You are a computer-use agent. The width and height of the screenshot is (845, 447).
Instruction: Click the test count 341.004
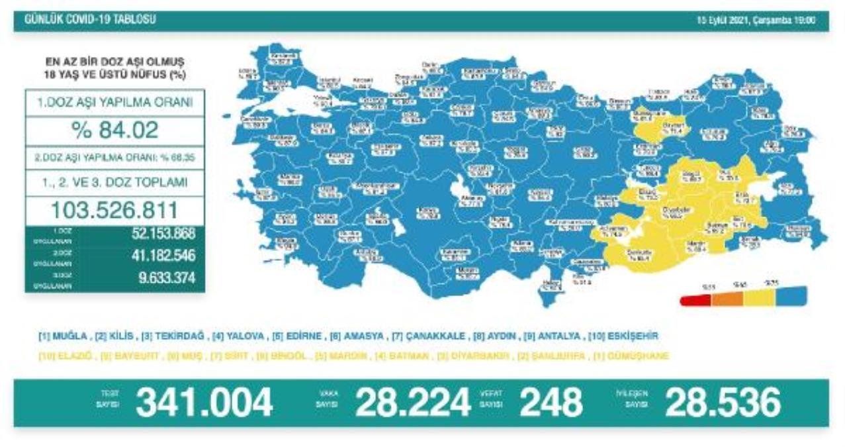click(x=204, y=403)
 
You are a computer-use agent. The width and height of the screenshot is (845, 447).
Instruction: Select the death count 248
click(x=551, y=403)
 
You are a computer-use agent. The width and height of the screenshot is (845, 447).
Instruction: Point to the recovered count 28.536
click(x=723, y=403)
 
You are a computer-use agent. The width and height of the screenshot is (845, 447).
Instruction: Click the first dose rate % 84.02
click(x=115, y=130)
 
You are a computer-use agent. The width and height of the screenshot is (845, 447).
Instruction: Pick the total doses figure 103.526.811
click(x=115, y=210)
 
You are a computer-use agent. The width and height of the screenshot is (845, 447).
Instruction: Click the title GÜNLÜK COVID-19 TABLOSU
click(x=90, y=20)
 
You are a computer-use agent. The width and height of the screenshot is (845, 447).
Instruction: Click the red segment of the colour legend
click(x=695, y=299)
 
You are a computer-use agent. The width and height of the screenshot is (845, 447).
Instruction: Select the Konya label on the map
click(x=429, y=213)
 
